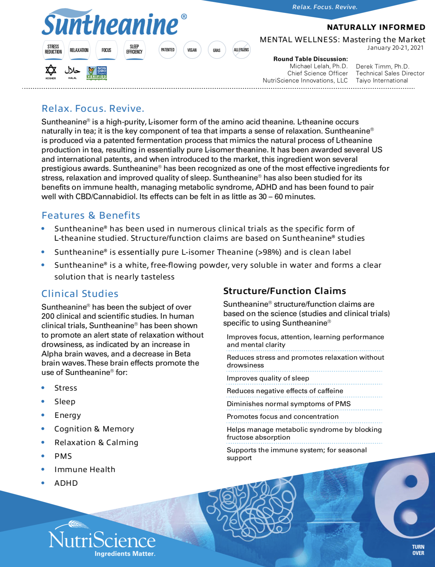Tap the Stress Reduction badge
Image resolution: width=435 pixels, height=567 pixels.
pos(53,50)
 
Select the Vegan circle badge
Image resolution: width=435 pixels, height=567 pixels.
pos(192,50)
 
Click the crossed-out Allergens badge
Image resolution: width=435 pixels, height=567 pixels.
pos(241,50)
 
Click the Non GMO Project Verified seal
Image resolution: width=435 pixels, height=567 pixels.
pos(97,73)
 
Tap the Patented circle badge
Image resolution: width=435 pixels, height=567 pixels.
pos(168,50)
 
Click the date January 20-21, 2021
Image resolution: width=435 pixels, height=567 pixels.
pos(395,48)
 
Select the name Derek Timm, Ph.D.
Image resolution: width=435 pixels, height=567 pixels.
pos(382,66)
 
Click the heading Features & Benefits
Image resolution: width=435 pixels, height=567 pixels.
pos(91,215)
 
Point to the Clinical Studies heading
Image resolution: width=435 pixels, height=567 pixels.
pos(80,293)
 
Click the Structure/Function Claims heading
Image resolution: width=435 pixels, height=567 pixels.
pos(284,291)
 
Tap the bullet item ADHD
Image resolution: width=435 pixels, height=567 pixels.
pos(66,483)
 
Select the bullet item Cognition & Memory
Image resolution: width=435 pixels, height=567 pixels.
pos(94,429)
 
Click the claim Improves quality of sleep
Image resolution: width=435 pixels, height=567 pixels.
pos(268,378)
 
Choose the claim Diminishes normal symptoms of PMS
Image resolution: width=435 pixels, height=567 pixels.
pos(289,404)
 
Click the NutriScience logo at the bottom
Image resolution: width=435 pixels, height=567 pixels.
pos(102,539)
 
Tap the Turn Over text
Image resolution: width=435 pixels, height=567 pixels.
pos(418,550)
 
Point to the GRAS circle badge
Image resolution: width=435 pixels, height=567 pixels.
pos(217,50)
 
